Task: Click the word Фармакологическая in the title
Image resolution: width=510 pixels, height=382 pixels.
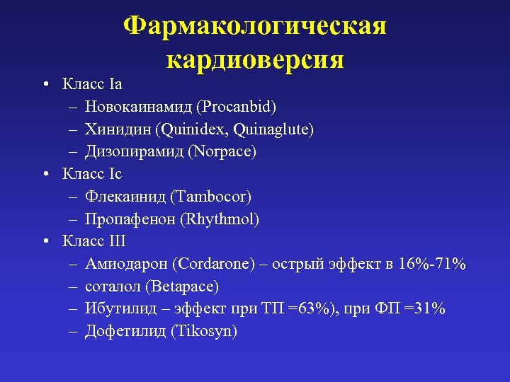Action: pos(255,26)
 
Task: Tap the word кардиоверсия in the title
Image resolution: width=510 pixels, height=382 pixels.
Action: pos(255,59)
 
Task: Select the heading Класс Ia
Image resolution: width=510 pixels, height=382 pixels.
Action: pos(92,84)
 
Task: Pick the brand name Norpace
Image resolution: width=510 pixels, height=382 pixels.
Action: pos(227,152)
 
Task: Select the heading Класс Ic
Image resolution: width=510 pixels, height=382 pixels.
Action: pos(92,174)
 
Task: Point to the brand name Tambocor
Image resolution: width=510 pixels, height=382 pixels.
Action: pos(216,197)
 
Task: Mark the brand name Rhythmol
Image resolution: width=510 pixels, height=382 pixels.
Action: pos(220,219)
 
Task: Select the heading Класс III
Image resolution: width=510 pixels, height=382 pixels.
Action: pos(94,241)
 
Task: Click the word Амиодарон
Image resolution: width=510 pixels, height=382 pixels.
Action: pos(125,264)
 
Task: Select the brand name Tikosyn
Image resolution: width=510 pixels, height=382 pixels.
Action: pos(204,331)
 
